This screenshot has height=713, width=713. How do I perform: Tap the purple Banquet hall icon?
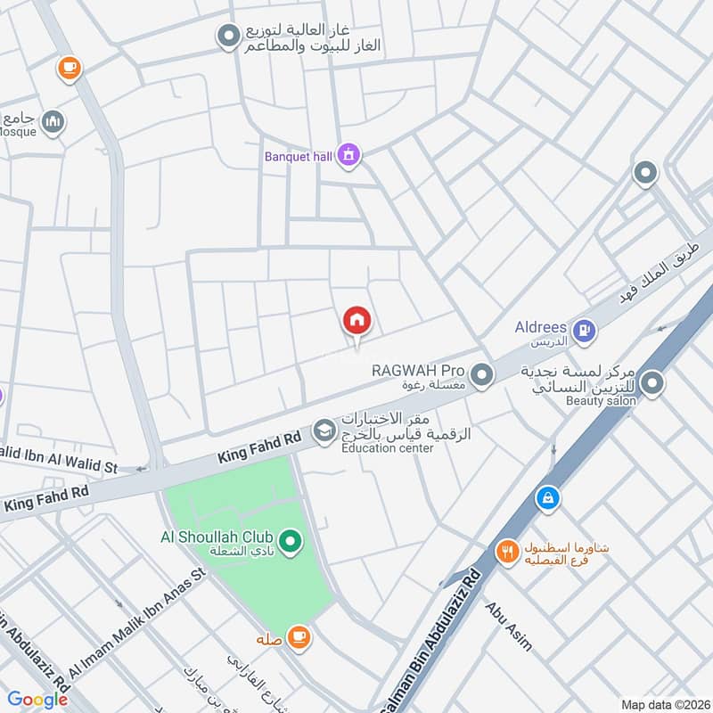point(349,155)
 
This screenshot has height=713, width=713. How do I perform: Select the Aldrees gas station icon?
point(584,331)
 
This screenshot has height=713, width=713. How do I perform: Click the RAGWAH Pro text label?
point(419,370)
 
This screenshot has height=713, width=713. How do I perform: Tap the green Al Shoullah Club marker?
point(289,540)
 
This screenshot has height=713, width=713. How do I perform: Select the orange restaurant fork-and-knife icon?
point(507,553)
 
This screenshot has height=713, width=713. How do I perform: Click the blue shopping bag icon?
point(547,499)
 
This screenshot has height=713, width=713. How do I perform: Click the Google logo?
point(37,700)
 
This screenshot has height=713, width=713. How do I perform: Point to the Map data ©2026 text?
point(663,704)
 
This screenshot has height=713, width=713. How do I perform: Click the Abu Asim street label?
point(508,627)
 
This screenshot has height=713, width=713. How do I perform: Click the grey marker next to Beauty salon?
point(652,384)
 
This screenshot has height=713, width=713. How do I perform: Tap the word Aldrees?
point(541,327)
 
